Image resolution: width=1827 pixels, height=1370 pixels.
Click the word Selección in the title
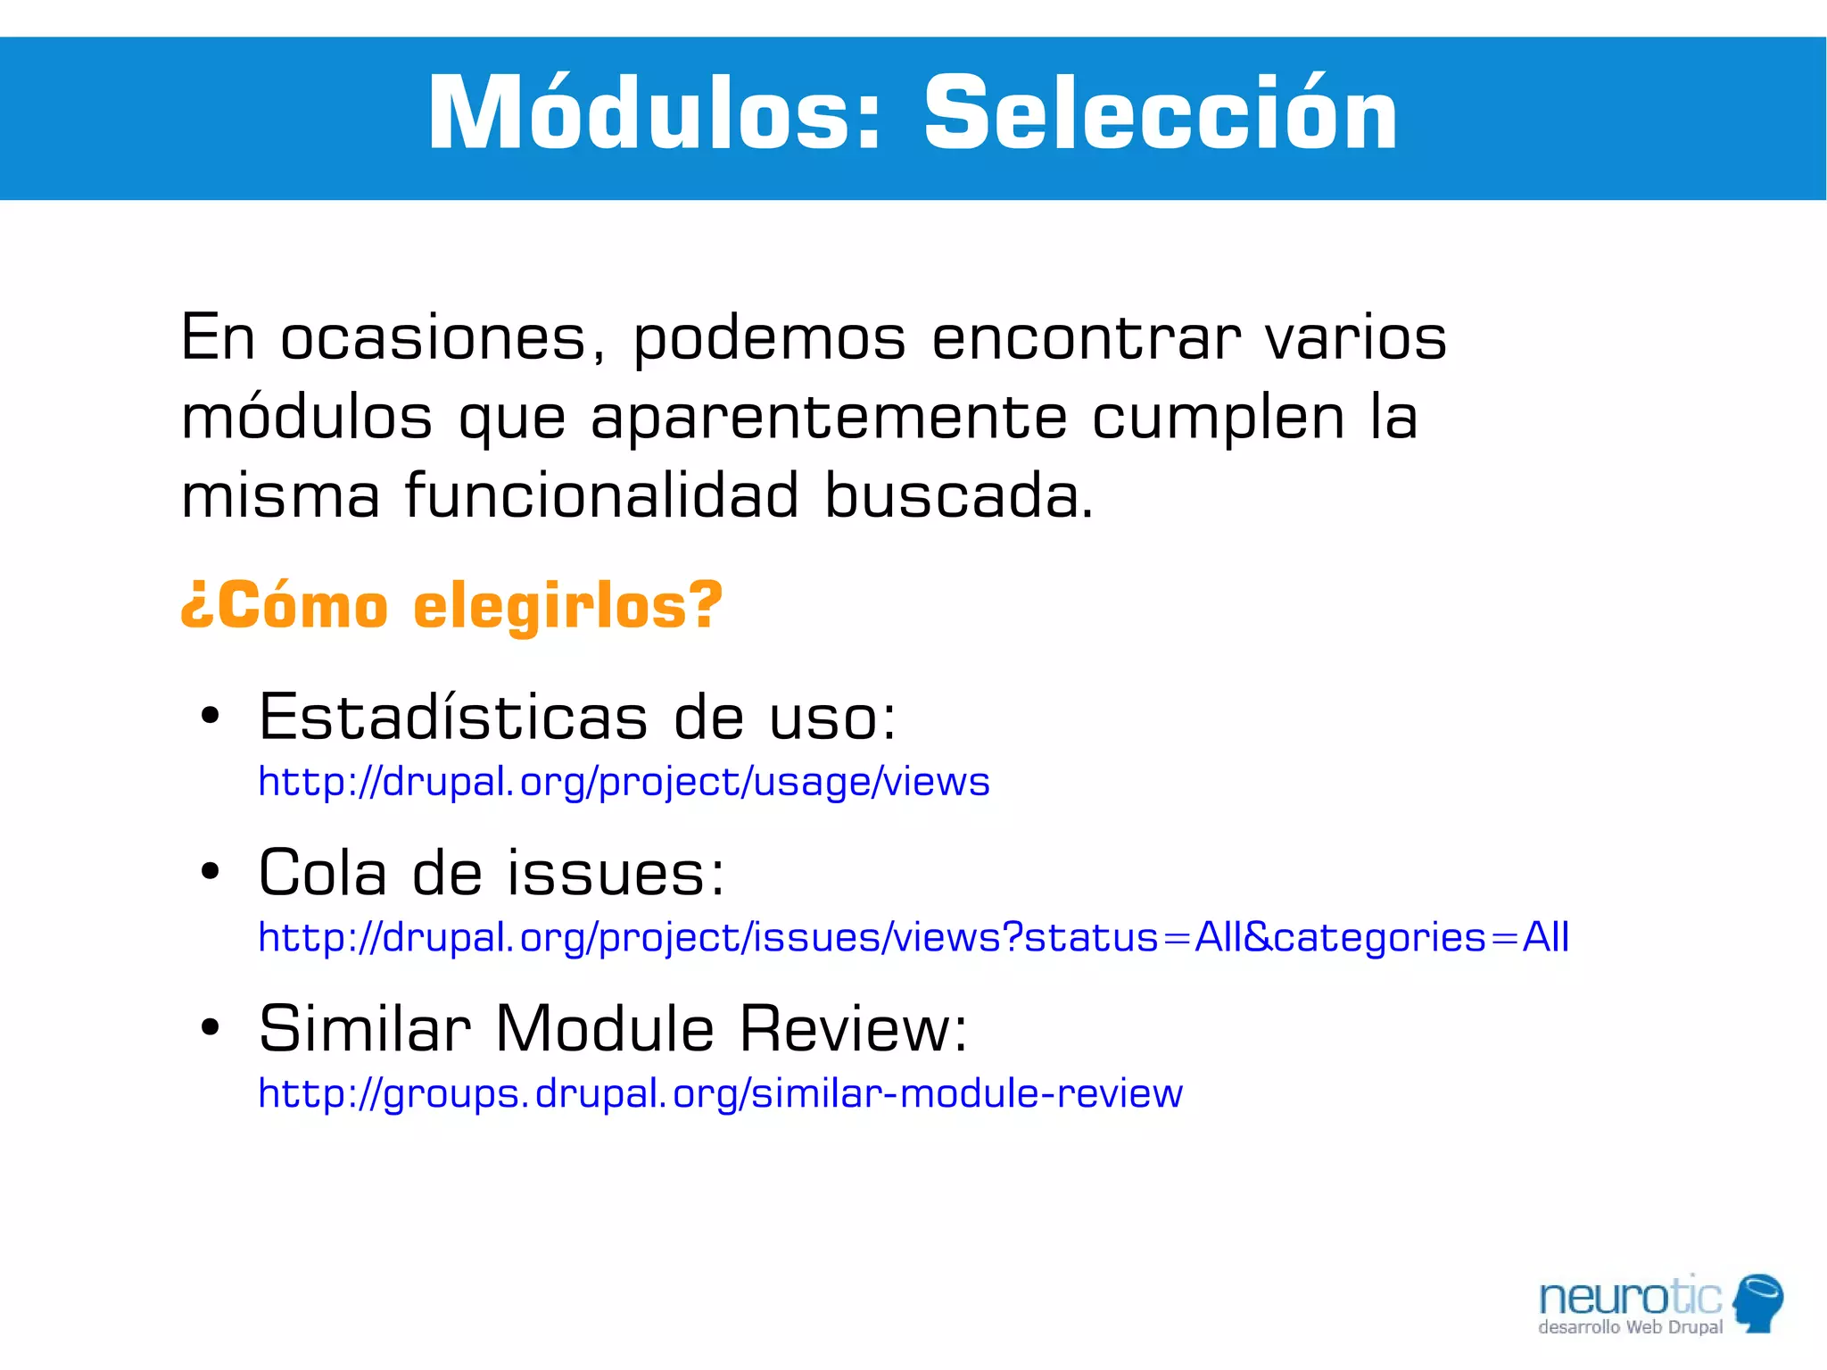pos(1160,114)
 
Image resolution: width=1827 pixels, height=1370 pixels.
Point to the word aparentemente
pos(828,418)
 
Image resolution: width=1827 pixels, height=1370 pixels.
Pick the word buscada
pos(958,495)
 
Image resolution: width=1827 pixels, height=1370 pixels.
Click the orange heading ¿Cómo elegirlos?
pos(451,606)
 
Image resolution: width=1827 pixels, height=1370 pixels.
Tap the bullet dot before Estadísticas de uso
pos(210,716)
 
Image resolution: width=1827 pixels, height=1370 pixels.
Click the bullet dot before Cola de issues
pos(210,872)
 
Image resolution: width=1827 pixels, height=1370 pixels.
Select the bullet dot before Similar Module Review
pos(210,1027)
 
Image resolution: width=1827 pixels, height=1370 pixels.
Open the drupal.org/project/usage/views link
pos(624,782)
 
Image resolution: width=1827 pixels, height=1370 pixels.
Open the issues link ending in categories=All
pos(913,937)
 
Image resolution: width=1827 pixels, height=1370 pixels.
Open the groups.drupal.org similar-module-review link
pos(720,1093)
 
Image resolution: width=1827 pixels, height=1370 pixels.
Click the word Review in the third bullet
pos(852,1028)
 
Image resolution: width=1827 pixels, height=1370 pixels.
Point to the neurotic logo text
pos(1629,1296)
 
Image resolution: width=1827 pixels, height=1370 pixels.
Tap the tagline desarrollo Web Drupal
pos(1630,1328)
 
